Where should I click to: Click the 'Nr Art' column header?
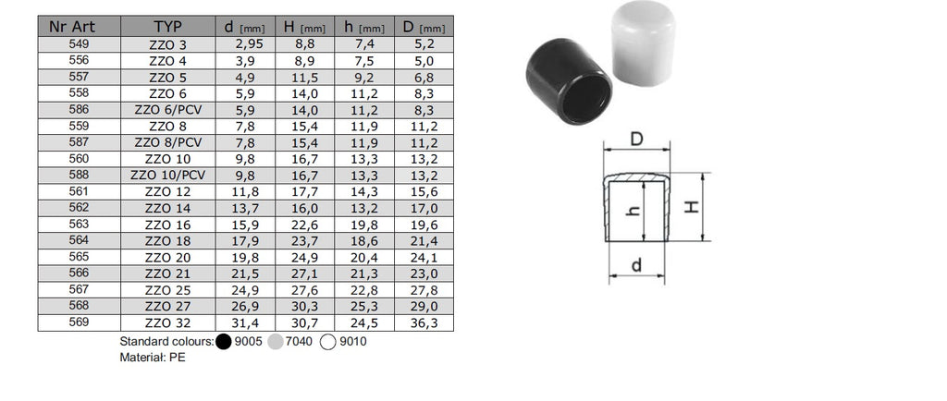point(72,27)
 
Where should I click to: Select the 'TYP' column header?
point(168,27)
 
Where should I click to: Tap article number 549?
point(80,44)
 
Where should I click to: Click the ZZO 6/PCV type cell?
point(168,110)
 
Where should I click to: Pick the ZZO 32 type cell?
point(168,323)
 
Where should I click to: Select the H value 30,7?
point(305,323)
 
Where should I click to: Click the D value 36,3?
point(424,323)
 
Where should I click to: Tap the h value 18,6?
point(364,241)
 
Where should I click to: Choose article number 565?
point(80,257)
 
